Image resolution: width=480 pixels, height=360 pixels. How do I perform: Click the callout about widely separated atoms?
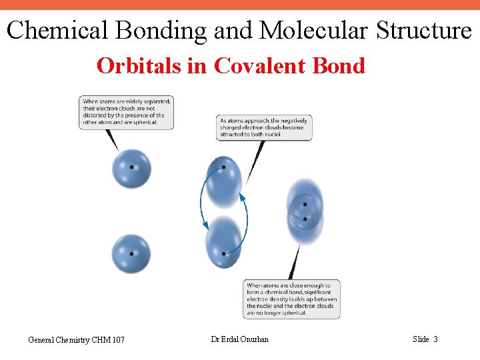[x=127, y=112]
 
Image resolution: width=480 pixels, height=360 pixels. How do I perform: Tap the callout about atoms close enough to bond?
[x=292, y=299]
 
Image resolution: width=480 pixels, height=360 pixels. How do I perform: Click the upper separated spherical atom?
[x=131, y=169]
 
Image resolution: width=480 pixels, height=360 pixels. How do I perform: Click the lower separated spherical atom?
[x=131, y=254]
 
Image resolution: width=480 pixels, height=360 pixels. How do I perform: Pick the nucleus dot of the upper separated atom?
[x=131, y=167]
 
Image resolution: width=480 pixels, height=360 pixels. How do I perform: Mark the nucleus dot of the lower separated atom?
[x=131, y=253]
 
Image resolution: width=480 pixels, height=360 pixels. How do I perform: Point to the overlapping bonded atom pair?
[x=305, y=211]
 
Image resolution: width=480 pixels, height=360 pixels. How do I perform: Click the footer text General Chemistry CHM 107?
[x=76, y=340]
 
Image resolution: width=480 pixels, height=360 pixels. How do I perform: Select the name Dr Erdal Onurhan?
[x=240, y=339]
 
